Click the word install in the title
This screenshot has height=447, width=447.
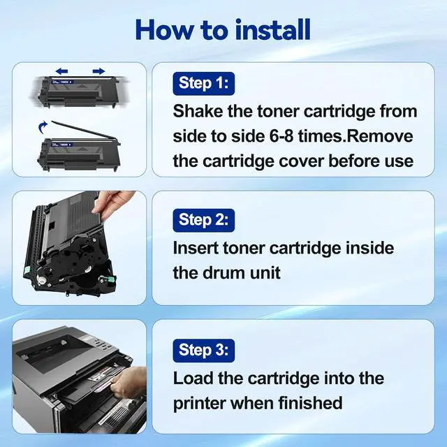click(273, 29)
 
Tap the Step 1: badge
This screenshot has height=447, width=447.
click(203, 84)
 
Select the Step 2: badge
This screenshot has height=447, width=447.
click(203, 221)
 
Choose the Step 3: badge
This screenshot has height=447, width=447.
click(203, 351)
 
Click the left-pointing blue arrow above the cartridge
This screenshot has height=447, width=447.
click(61, 71)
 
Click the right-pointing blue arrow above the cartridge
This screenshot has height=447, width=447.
click(98, 71)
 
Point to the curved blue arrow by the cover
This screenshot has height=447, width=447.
click(43, 127)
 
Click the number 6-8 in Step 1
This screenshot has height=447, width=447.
click(281, 136)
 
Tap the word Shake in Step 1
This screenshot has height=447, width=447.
click(198, 111)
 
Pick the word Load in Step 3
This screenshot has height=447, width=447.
click(193, 378)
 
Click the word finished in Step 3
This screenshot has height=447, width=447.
click(310, 403)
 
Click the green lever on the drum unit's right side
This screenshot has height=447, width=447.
click(110, 281)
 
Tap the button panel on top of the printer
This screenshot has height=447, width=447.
click(102, 343)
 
